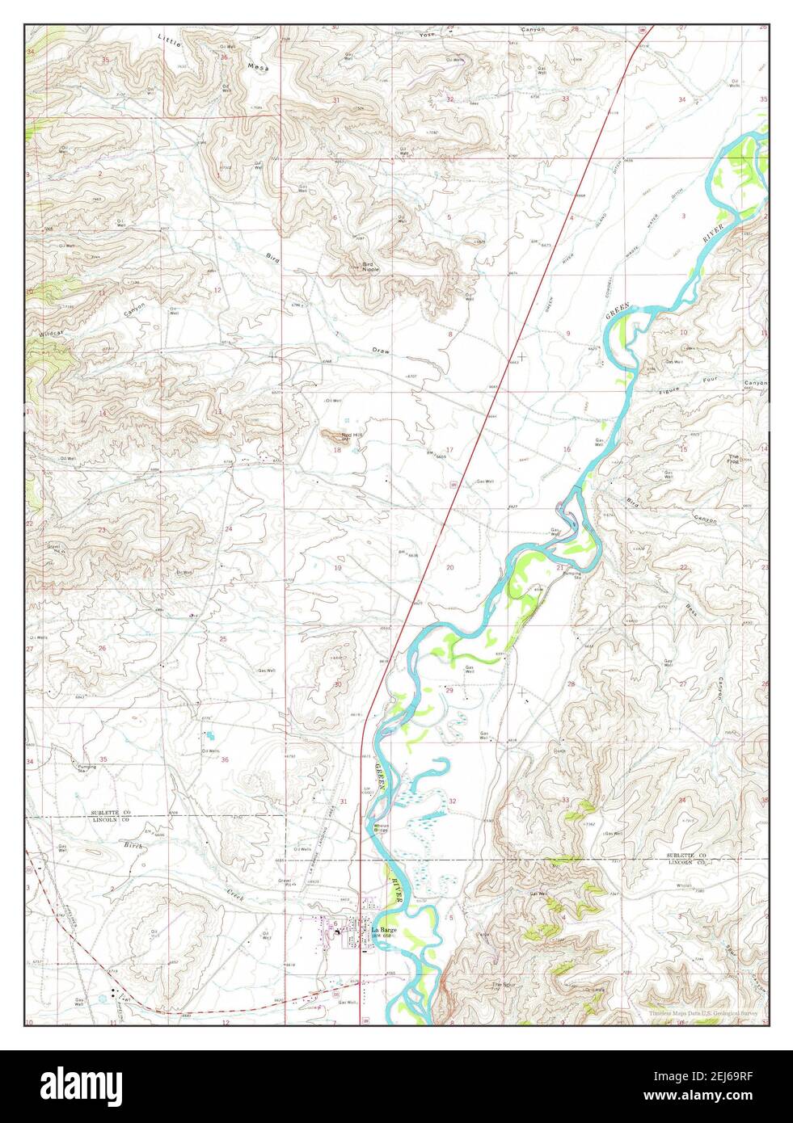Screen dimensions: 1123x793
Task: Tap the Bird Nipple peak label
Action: point(369,267)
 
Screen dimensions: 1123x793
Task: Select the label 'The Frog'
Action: point(733,458)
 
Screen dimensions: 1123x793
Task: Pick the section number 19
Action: point(338,568)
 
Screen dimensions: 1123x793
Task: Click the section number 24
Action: point(229,529)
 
